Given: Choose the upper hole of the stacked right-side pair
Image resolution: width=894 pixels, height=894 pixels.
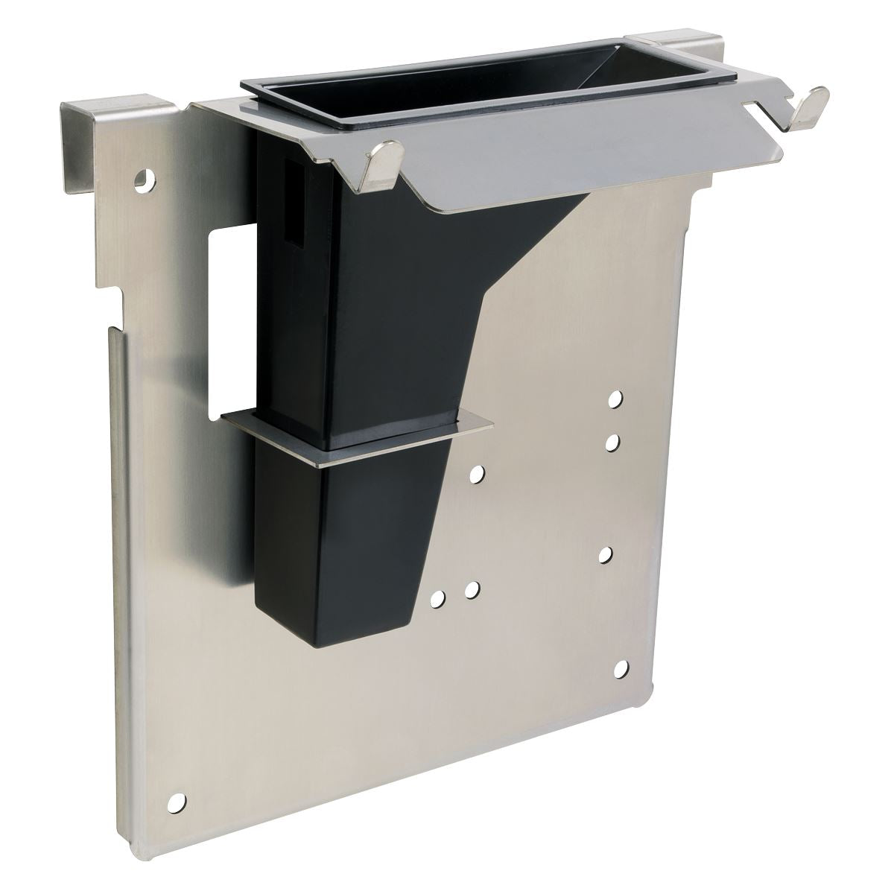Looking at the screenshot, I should (615, 400).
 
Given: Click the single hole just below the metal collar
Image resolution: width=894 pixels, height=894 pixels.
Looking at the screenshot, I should (477, 472).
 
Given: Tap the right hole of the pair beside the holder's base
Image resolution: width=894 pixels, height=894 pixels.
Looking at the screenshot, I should (471, 590).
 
